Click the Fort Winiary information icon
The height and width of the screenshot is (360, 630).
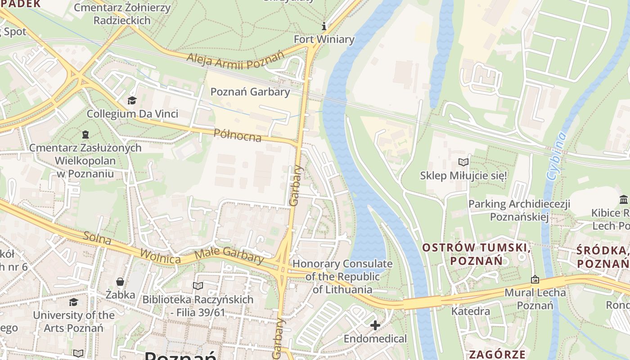click(x=324, y=27)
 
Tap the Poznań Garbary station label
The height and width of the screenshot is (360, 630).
click(x=250, y=92)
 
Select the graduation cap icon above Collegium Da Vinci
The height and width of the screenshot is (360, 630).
click(x=132, y=100)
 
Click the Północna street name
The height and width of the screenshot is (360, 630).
click(x=238, y=135)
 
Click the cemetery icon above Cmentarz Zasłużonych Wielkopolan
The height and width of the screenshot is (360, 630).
click(x=85, y=134)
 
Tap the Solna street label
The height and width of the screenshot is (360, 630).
click(x=97, y=238)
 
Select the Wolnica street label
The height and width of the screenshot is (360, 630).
click(x=160, y=256)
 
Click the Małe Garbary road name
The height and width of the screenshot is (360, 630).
click(x=229, y=255)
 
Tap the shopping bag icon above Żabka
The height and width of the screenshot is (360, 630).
click(x=120, y=282)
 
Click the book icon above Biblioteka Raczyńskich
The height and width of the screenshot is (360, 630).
click(x=198, y=286)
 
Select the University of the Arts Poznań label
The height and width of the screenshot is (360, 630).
click(x=73, y=321)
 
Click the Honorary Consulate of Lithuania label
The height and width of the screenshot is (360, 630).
click(x=342, y=276)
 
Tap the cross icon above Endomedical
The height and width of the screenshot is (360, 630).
click(x=375, y=325)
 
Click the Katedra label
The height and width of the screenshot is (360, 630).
click(x=471, y=311)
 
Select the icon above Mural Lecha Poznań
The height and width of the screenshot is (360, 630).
click(x=535, y=279)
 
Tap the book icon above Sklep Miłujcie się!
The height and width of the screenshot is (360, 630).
click(x=463, y=162)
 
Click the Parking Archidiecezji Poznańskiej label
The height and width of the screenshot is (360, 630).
click(x=519, y=211)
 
